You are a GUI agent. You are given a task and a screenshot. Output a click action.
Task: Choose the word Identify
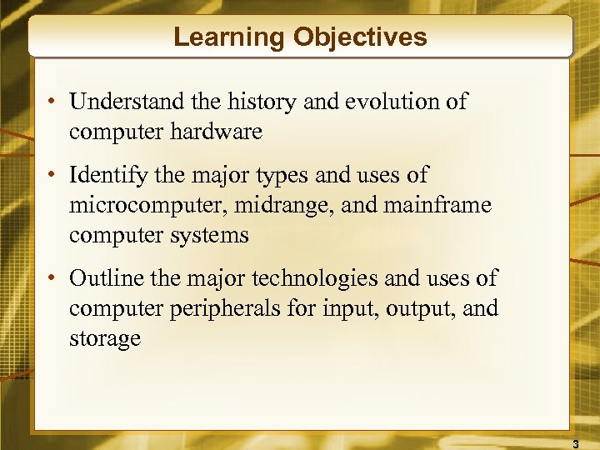107,176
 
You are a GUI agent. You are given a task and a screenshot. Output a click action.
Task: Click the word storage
105,339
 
